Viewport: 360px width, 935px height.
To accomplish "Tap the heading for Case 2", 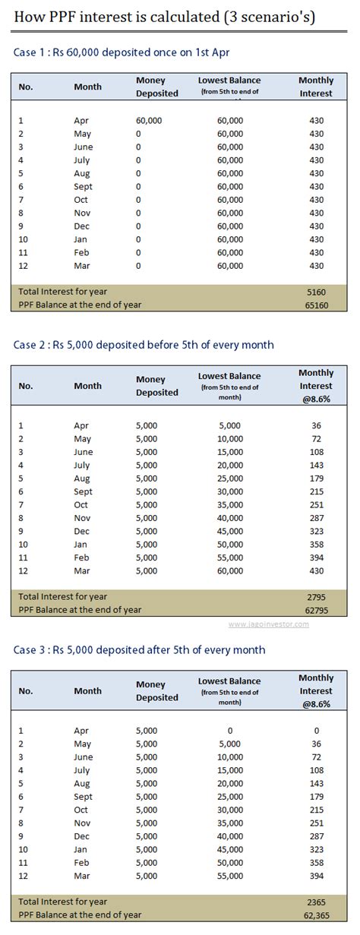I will coord(144,345).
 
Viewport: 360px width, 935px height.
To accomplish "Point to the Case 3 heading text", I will coord(139,649).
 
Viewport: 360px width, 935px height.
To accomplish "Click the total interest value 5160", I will coord(316,291).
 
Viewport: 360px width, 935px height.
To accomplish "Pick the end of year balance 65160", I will coord(316,304).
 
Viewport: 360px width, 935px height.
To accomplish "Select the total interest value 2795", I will coord(316,596).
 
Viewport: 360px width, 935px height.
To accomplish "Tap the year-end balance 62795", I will coord(316,609).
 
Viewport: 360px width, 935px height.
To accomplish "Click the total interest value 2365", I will coord(316,902).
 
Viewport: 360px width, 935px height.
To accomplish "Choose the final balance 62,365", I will coord(316,914).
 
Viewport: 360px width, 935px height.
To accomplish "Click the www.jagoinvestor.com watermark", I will coord(268,624).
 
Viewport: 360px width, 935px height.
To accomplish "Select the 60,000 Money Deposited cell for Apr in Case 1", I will coord(149,121).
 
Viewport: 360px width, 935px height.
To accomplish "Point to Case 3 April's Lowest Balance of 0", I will coord(229,731).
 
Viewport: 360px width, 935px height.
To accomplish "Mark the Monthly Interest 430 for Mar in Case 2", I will coord(316,571).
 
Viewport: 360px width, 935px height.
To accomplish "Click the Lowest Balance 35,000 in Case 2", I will coord(229,505).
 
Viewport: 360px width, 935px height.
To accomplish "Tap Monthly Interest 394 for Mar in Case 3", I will coord(316,877).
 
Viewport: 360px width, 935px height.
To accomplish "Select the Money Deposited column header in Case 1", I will coord(156,87).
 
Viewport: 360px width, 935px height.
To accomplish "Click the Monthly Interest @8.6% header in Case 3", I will coord(316,691).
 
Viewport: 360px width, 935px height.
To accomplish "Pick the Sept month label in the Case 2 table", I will coord(83,492).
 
